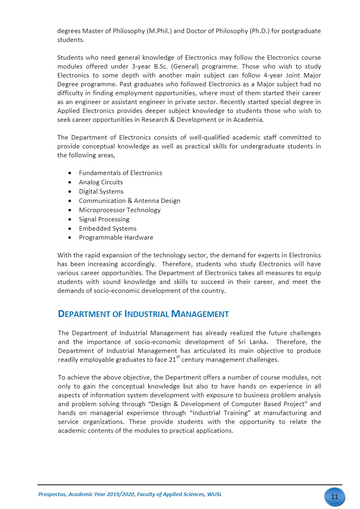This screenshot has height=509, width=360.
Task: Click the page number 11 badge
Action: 334,496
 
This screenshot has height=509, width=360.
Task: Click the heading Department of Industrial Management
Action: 143,314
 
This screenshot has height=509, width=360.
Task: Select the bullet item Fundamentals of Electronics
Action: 120,173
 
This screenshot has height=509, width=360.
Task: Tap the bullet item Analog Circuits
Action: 101,182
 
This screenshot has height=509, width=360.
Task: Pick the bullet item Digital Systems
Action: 101,192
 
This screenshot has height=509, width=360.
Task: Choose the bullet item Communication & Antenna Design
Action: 129,201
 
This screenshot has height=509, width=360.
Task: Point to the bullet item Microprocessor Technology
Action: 119,210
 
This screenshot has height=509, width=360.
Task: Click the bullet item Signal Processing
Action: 104,219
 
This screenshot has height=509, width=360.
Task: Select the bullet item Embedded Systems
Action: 108,229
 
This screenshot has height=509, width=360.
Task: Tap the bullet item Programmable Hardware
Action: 116,238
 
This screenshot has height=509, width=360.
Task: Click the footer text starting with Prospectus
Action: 130,494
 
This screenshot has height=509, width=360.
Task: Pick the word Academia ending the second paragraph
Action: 250,120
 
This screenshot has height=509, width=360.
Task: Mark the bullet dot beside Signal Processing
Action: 71,219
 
